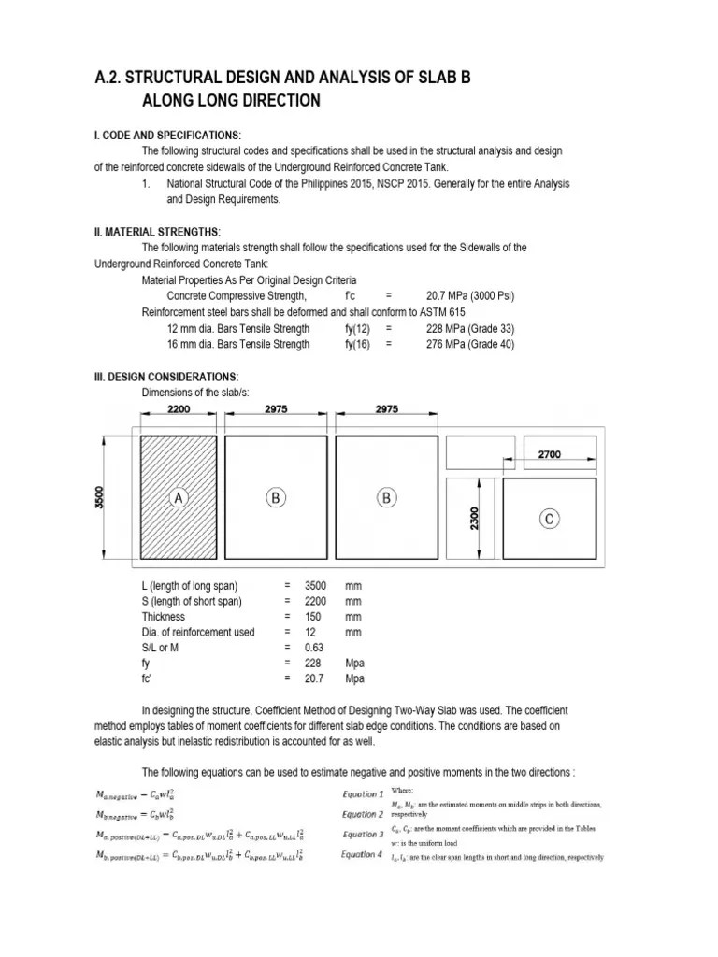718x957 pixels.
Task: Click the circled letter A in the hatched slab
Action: pyautogui.click(x=178, y=499)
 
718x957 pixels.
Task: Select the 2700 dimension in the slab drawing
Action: pyautogui.click(x=550, y=455)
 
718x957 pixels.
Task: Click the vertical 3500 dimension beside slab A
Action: pyautogui.click(x=100, y=498)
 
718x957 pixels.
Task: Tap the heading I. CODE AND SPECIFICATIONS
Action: pyautogui.click(x=167, y=135)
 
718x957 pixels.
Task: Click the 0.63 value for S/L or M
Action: pyautogui.click(x=315, y=648)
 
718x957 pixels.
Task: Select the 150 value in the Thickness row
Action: pyautogui.click(x=315, y=616)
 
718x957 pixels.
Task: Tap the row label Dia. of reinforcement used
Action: pyautogui.click(x=198, y=632)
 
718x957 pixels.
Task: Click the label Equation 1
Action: pyautogui.click(x=361, y=793)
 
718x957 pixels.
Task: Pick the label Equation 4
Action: pyautogui.click(x=362, y=853)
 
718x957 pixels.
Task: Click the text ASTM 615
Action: pyautogui.click(x=444, y=311)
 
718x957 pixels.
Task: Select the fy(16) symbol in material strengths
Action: pyautogui.click(x=357, y=344)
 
